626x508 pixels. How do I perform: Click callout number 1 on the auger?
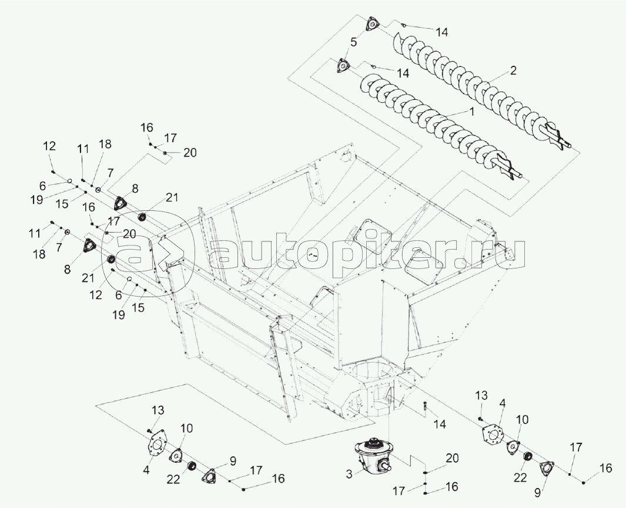(x=471, y=112)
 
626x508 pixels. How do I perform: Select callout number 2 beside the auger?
(x=513, y=70)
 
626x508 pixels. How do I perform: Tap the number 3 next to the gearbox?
(x=349, y=475)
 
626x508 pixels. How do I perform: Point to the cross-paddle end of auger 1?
(x=508, y=170)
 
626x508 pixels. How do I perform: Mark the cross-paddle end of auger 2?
(x=557, y=137)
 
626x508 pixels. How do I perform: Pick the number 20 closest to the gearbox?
(x=453, y=458)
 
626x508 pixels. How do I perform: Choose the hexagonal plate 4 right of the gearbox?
(x=493, y=435)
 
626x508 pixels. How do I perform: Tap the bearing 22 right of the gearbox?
(x=528, y=457)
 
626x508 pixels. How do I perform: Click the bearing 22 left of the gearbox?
(x=192, y=465)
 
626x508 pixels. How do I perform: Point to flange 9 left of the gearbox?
(x=209, y=475)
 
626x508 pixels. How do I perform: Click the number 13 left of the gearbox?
(x=158, y=410)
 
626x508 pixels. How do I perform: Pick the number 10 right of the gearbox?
(x=522, y=419)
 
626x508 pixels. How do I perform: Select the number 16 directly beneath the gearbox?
(x=453, y=487)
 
